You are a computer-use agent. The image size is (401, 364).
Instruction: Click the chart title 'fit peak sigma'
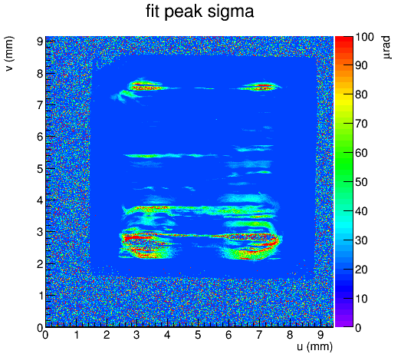[x=199, y=12]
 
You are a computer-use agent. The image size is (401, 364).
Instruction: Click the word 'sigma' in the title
[x=231, y=13]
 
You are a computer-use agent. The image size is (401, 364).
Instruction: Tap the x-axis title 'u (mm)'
[x=315, y=347]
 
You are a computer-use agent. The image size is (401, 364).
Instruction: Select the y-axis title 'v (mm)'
[x=10, y=54]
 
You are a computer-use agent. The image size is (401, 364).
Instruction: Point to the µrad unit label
[x=386, y=48]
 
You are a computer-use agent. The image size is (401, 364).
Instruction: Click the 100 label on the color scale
[x=364, y=37]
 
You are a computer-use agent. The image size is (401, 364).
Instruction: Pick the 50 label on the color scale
[x=361, y=182]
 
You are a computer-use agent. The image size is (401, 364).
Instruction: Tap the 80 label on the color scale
[x=361, y=94]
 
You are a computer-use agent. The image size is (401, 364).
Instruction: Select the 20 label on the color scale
[x=361, y=270]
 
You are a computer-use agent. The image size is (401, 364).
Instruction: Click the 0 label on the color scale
[x=358, y=328]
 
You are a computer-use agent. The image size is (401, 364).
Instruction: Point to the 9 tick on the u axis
[x=320, y=335]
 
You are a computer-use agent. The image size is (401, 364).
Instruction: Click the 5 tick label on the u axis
[x=198, y=335]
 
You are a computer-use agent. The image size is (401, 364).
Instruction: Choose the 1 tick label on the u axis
[x=77, y=335]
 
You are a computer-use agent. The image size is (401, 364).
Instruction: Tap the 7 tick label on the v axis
[x=40, y=105]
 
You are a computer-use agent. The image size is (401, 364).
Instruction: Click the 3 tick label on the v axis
[x=40, y=233]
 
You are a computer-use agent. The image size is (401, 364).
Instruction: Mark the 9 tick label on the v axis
[x=40, y=41]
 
